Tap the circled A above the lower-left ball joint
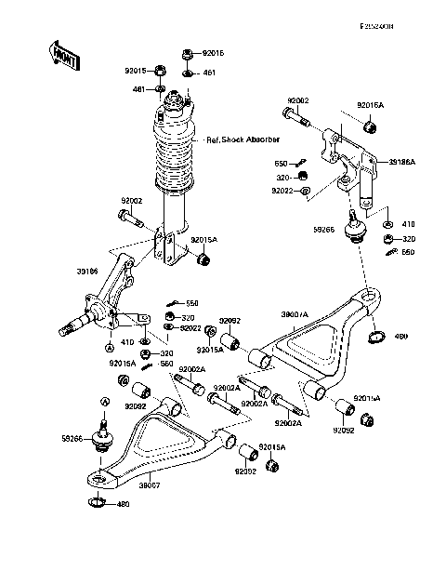tap(105, 400)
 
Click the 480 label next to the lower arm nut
tap(123, 505)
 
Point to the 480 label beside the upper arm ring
tap(402, 338)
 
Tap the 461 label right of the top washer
tap(208, 72)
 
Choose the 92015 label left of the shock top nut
tap(137, 70)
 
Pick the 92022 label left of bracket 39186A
tap(283, 190)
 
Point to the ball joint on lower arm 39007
tap(104, 440)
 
